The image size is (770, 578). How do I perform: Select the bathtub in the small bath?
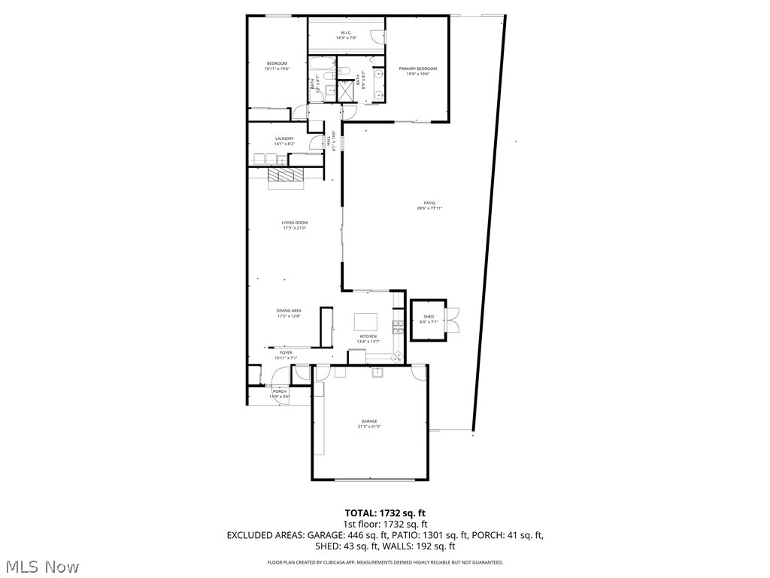coord(324,75)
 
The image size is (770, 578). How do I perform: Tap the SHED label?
coord(429,317)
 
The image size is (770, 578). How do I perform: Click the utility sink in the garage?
coord(375,372)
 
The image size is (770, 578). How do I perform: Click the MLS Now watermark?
coord(41,565)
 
